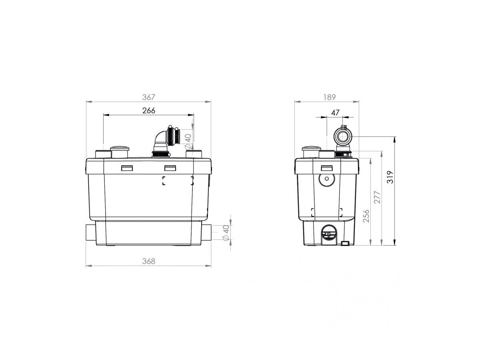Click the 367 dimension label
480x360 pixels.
(148, 97)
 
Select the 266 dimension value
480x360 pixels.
(148, 111)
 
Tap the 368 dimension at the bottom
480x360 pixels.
(148, 261)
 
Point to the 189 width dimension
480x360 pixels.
(329, 97)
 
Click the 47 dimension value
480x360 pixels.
(335, 112)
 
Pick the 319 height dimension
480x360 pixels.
(390, 177)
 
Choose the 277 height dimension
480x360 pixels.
(377, 197)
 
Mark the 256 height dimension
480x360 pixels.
(366, 216)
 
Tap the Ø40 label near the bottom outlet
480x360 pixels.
(226, 232)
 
